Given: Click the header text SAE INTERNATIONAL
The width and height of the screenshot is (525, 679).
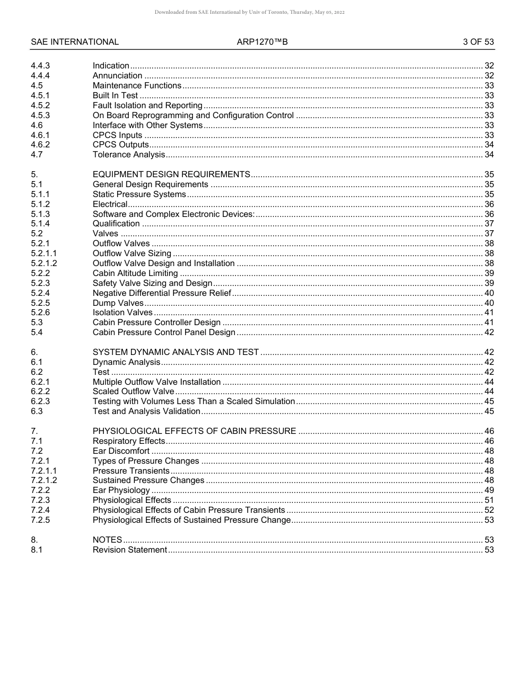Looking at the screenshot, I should pyautogui.click(x=75, y=42).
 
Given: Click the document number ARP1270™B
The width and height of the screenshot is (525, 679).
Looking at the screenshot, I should pyautogui.click(x=262, y=42).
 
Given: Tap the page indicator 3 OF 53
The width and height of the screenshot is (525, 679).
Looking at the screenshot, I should pyautogui.click(x=478, y=42).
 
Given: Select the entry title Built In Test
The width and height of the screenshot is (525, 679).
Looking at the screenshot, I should pyautogui.click(x=115, y=96).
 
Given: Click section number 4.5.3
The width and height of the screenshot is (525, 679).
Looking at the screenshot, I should pyautogui.click(x=40, y=115).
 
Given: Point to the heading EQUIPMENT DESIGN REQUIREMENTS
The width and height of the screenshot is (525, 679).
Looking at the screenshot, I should pyautogui.click(x=171, y=174).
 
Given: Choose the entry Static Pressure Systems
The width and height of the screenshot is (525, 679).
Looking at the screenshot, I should pyautogui.click(x=139, y=194).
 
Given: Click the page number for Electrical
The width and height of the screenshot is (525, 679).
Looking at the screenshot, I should pyautogui.click(x=489, y=204).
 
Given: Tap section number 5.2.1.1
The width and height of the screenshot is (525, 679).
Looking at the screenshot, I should pyautogui.click(x=44, y=253).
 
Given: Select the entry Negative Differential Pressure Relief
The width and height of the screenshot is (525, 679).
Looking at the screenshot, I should pyautogui.click(x=161, y=293).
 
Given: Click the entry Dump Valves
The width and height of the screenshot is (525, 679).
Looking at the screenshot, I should pyautogui.click(x=118, y=303).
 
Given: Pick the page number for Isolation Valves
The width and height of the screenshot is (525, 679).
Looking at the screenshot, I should pyautogui.click(x=489, y=313).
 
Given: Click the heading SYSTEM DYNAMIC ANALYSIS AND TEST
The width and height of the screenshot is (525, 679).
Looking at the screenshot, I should pyautogui.click(x=175, y=352).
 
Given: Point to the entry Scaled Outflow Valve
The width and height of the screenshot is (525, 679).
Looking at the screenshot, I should pyautogui.click(x=133, y=392).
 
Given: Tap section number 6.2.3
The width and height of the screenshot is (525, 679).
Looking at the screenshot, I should pyautogui.click(x=40, y=401).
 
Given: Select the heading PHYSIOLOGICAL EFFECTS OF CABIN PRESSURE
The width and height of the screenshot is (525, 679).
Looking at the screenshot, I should pyautogui.click(x=194, y=431).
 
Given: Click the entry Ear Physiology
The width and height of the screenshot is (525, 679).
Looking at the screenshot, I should pyautogui.click(x=121, y=490).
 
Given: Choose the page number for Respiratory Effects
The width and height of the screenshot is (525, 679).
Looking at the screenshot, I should pyautogui.click(x=489, y=441).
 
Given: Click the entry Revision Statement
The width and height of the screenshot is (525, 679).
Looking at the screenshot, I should pyautogui.click(x=129, y=550).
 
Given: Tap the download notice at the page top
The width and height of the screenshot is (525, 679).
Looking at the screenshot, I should pyautogui.click(x=262, y=12).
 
